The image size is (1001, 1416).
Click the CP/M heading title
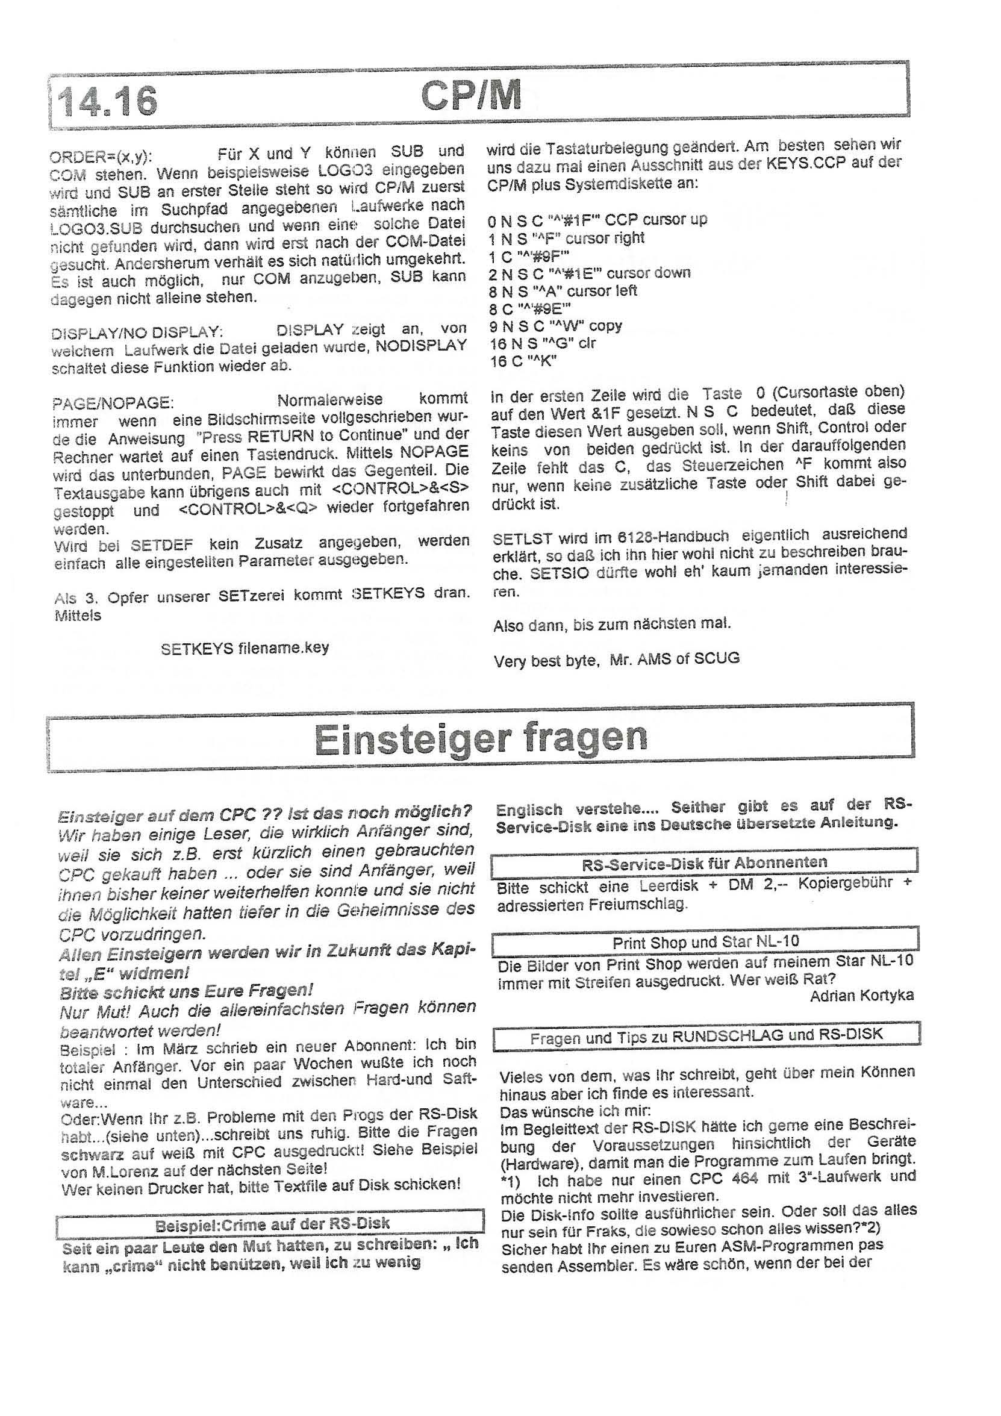470,96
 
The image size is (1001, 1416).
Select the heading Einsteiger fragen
481,738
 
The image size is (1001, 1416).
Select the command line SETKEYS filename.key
245,649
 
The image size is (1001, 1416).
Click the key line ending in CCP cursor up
597,220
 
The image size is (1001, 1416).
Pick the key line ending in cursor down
590,273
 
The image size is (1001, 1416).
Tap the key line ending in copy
556,326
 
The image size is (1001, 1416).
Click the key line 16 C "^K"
523,362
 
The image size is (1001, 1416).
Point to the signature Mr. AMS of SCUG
674,659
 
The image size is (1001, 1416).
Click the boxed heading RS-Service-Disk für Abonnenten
704,863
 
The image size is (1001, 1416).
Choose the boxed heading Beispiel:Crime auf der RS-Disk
272,1224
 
